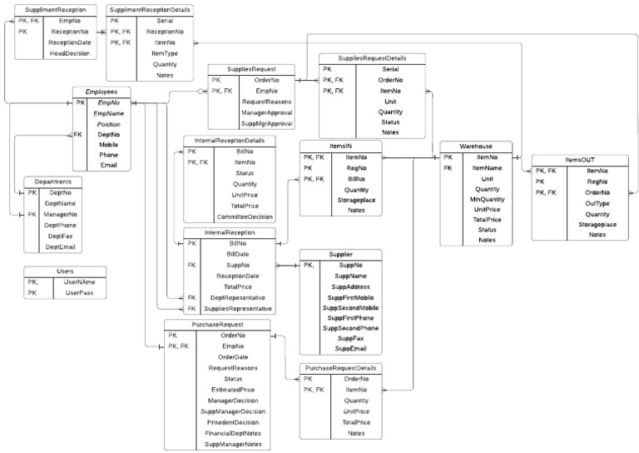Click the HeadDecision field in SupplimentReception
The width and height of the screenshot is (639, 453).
click(x=70, y=53)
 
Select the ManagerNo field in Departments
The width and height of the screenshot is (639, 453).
click(x=61, y=214)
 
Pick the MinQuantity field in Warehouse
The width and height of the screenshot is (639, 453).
click(x=488, y=200)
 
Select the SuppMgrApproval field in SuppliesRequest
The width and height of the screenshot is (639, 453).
click(x=266, y=123)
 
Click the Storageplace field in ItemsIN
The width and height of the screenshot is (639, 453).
click(x=357, y=200)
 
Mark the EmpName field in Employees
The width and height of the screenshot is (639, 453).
click(x=109, y=112)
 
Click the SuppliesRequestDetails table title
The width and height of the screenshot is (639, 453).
click(x=373, y=58)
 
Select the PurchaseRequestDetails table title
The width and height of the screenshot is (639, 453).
click(x=341, y=367)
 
